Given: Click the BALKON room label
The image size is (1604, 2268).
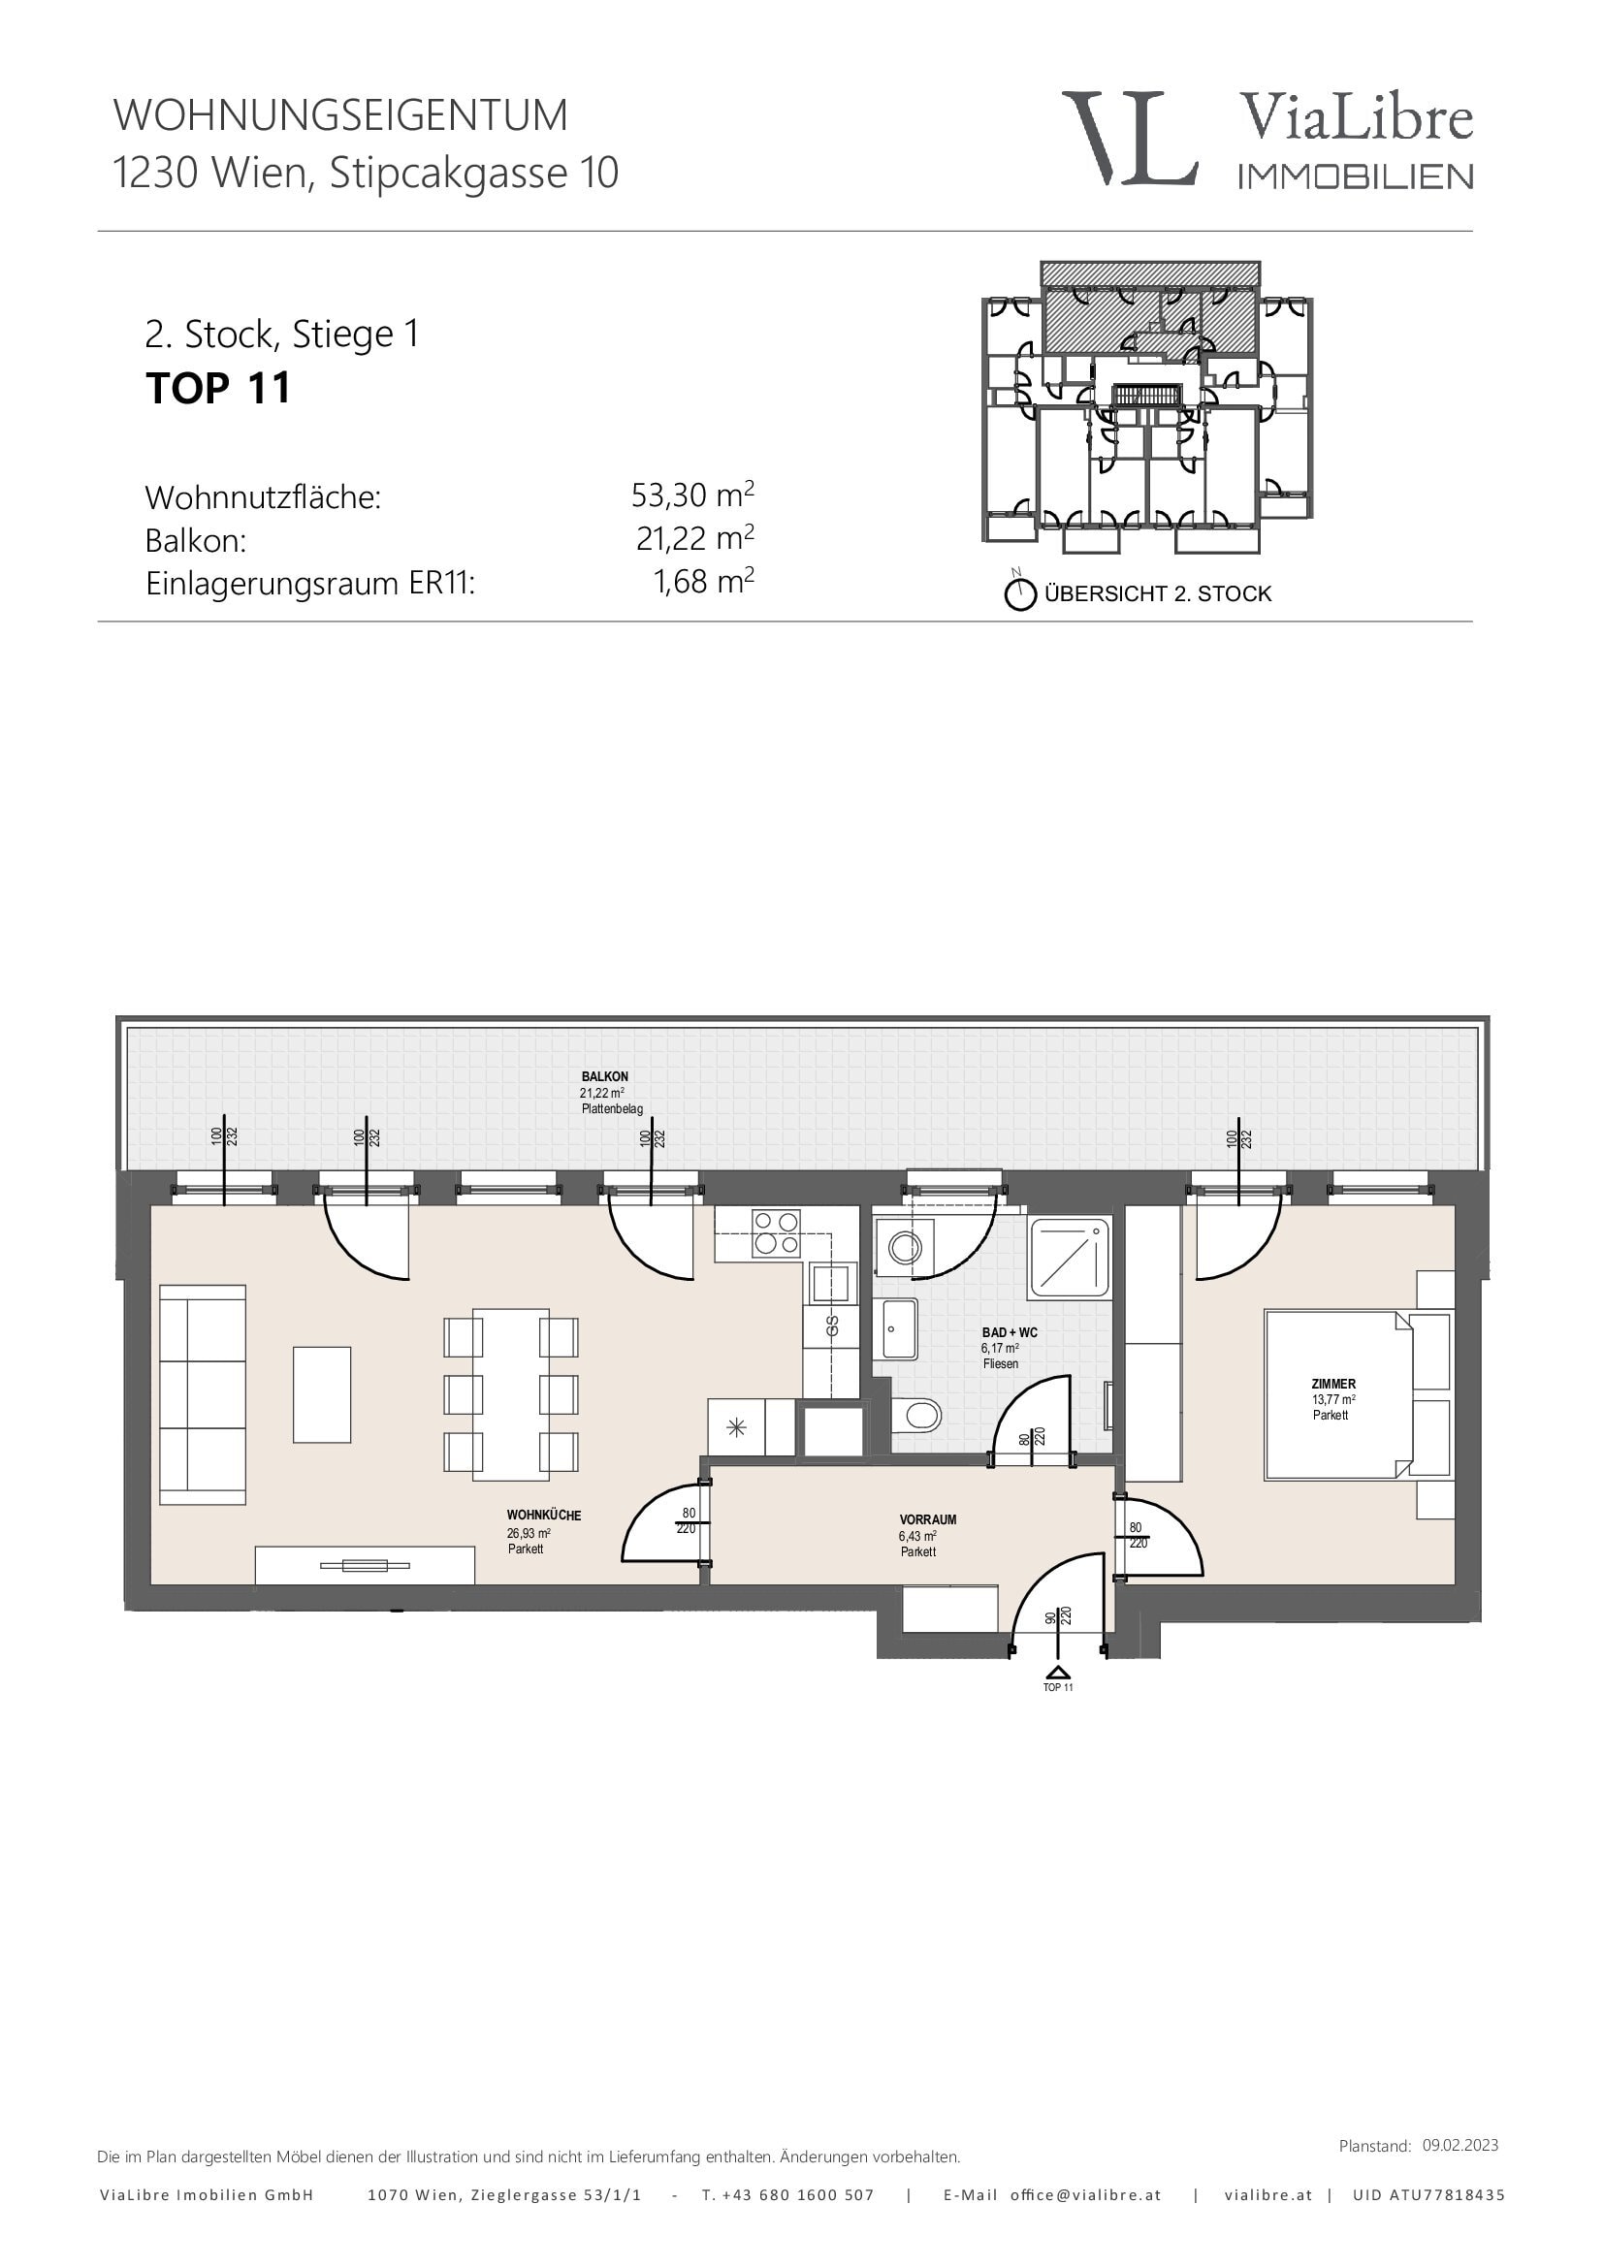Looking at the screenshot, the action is click(604, 1076).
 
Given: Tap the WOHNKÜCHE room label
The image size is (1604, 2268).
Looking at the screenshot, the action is click(544, 1516).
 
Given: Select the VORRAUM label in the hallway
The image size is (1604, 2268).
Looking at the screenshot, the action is click(928, 1519).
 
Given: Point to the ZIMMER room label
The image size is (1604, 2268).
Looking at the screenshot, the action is click(1333, 1384).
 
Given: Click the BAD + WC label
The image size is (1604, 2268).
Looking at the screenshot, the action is click(1010, 1332).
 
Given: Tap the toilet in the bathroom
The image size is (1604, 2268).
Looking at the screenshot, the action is click(916, 1418).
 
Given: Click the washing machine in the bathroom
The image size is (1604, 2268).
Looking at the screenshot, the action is click(903, 1248).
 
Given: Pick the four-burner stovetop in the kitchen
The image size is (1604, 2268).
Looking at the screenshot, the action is click(776, 1233).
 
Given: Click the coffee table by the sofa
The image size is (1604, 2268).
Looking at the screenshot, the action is click(322, 1393).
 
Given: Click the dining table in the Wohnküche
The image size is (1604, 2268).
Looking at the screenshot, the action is click(511, 1393).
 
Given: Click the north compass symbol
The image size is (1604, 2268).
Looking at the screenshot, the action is click(1019, 594).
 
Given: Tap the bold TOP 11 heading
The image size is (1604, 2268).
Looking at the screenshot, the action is click(218, 387).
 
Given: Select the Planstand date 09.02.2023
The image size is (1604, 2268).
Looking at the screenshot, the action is click(1460, 2145).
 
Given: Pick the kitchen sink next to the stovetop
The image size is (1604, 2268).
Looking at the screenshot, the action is click(831, 1283).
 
